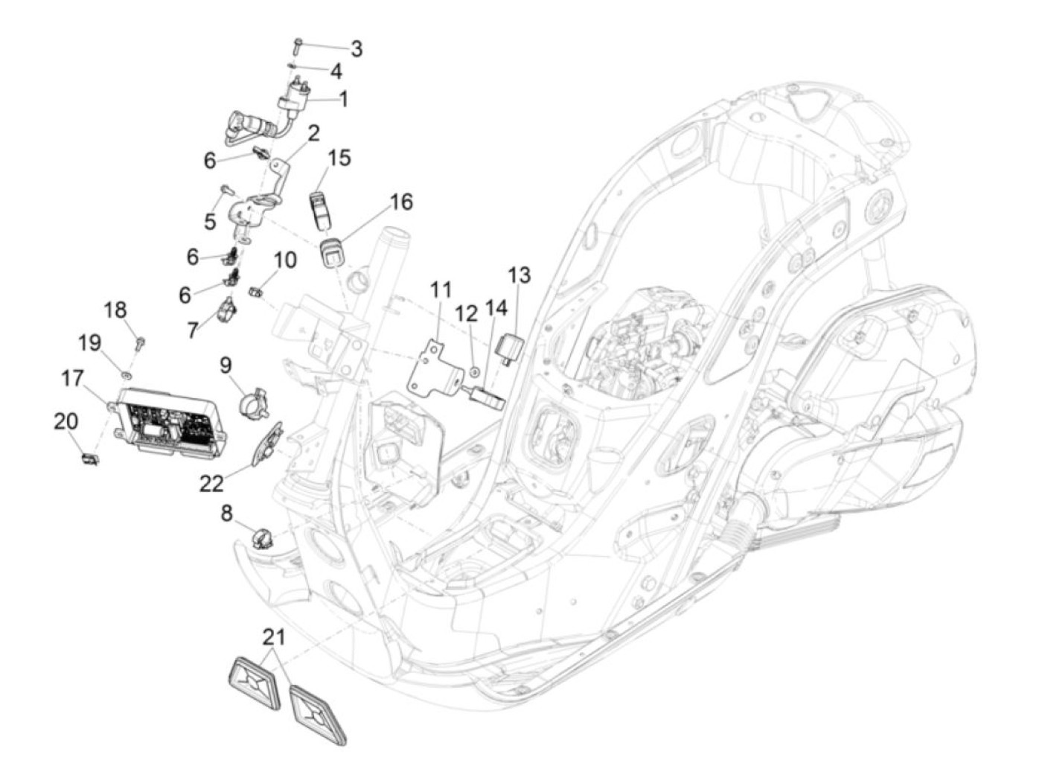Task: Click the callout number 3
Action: click(357, 49)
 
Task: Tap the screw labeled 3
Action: click(296, 46)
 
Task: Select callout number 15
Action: click(339, 158)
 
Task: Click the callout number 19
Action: click(90, 342)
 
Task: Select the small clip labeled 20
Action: click(90, 459)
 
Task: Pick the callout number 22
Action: click(211, 484)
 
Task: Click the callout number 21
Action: click(275, 637)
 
